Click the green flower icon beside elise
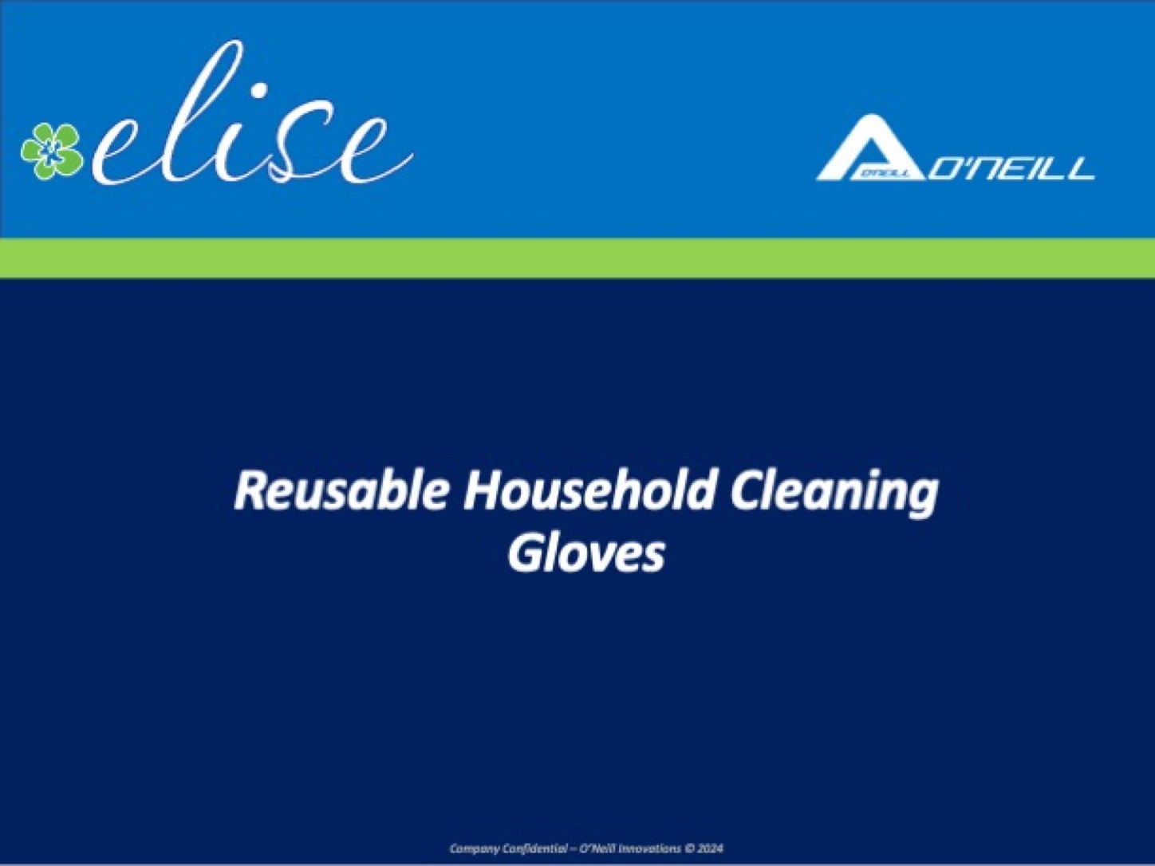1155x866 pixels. pos(52,151)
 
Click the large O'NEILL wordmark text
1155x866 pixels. pos(1011,169)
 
